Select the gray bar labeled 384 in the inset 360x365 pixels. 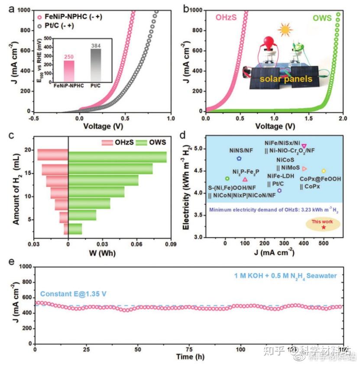click(x=95, y=64)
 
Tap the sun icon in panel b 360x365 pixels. click(x=285, y=30)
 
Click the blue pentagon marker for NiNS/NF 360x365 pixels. click(x=239, y=159)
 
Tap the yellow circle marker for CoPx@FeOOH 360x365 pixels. click(x=324, y=171)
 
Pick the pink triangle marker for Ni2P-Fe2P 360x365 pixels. click(x=245, y=179)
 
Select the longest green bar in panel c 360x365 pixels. click(x=117, y=157)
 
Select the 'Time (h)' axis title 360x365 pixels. click(x=188, y=358)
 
